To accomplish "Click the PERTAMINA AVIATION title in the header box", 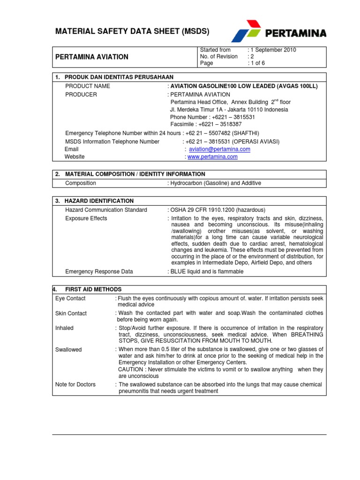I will pyautogui.click(x=92, y=57).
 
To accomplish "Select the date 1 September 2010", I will pyautogui.click(x=274, y=50).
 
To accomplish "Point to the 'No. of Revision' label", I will pyautogui.click(x=218, y=56).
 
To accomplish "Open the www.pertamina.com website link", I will pyautogui.click(x=212, y=157).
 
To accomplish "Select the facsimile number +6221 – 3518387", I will pyautogui.click(x=206, y=124).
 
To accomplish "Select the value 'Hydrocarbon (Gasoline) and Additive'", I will pyautogui.click(x=216, y=183).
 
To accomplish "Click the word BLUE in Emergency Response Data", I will pyautogui.click(x=179, y=271).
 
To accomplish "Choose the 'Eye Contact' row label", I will pyautogui.click(x=70, y=299).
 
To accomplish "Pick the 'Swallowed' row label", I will pyautogui.click(x=68, y=350).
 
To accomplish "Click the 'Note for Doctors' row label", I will pyautogui.click(x=75, y=384).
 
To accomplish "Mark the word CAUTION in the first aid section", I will pyautogui.click(x=131, y=369).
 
